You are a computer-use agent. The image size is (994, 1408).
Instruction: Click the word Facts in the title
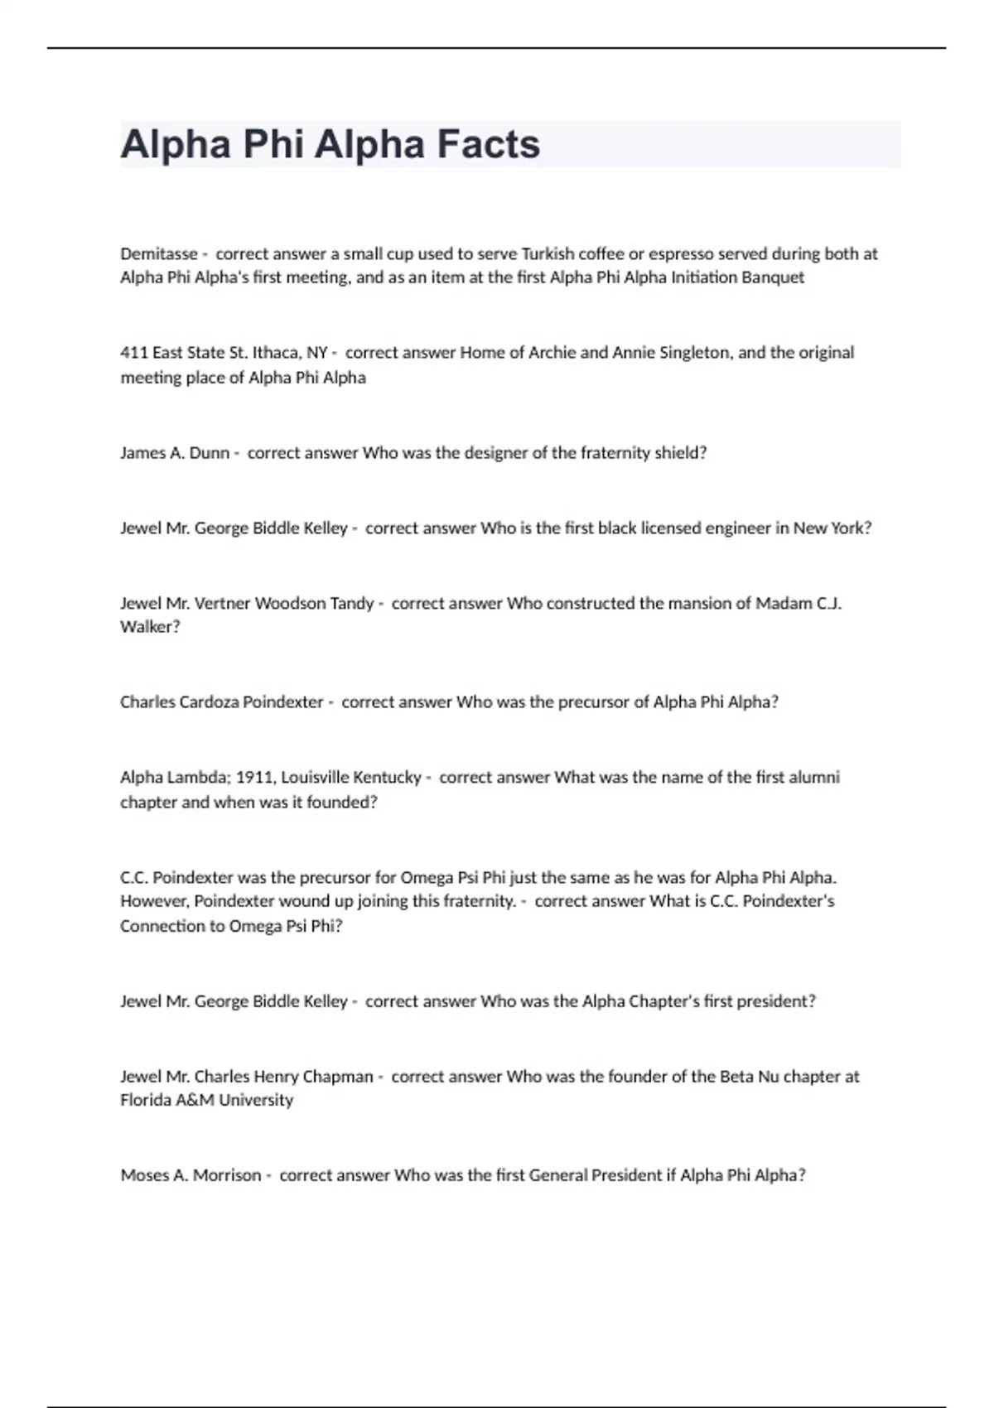(488, 144)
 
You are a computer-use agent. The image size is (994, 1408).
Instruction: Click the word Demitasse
(159, 253)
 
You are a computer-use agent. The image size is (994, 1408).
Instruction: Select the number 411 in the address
(134, 353)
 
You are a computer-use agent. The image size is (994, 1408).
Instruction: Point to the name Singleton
(695, 353)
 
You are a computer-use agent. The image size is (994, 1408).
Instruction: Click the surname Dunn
(210, 453)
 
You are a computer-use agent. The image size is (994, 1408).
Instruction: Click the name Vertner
(222, 603)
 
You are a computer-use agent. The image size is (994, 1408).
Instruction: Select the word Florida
(146, 1100)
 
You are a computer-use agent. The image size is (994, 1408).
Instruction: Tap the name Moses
(144, 1175)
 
